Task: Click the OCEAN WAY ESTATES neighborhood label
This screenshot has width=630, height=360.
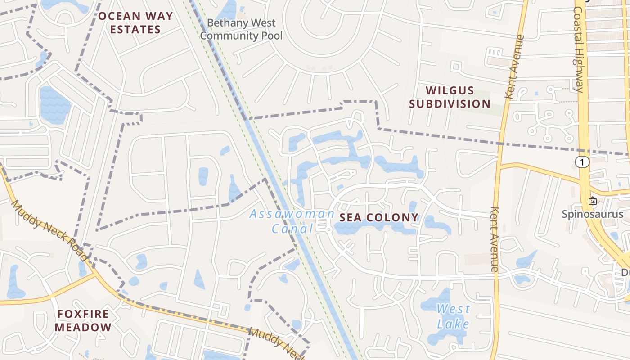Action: click(x=135, y=23)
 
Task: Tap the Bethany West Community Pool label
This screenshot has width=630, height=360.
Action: click(x=241, y=29)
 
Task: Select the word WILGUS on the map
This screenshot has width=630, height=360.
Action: click(x=450, y=90)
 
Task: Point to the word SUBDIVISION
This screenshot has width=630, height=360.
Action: click(x=450, y=104)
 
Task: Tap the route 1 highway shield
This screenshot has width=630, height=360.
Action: click(x=582, y=162)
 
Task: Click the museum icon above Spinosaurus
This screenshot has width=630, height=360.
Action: click(x=593, y=201)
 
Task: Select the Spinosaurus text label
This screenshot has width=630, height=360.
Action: click(x=592, y=214)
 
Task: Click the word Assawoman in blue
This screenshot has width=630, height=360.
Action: click(x=292, y=214)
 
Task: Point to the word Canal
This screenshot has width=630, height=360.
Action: click(x=292, y=229)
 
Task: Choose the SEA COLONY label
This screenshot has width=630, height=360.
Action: click(x=379, y=218)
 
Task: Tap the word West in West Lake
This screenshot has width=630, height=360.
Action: click(x=453, y=309)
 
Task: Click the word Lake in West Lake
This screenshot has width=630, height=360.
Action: click(x=453, y=324)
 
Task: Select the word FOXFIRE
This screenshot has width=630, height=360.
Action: click(x=83, y=314)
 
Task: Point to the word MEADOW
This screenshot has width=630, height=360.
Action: click(x=83, y=327)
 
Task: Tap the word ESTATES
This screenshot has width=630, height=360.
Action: click(x=135, y=30)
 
